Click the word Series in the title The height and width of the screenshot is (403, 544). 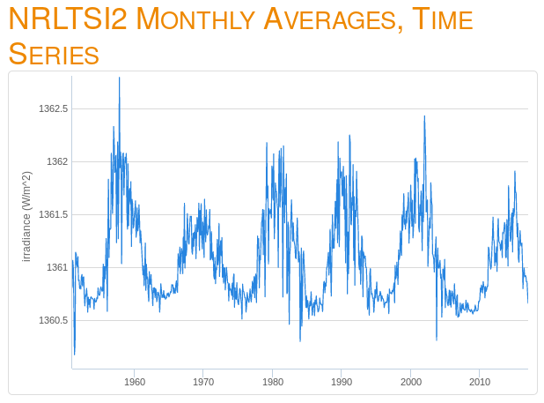(x=53, y=54)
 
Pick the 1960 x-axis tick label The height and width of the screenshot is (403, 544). (x=135, y=382)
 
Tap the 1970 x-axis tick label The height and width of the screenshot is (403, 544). (x=203, y=382)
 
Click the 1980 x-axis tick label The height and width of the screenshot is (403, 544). (x=272, y=382)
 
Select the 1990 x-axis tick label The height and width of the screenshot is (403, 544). (x=342, y=382)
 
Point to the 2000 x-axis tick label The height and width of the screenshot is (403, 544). (x=410, y=382)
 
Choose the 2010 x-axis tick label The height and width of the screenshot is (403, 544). (x=479, y=382)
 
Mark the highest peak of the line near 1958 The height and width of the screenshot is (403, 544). (x=119, y=78)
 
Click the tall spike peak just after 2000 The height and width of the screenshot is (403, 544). (x=424, y=116)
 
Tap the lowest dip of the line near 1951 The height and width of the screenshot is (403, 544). (x=74, y=354)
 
